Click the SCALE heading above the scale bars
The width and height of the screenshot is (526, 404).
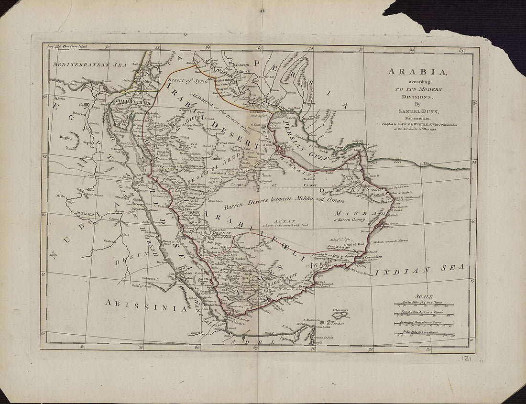[424, 296]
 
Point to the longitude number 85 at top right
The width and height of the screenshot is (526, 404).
[462, 50]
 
